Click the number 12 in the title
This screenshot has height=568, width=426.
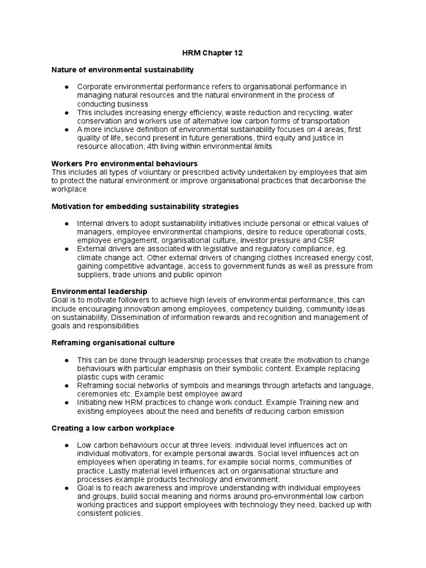[237, 53]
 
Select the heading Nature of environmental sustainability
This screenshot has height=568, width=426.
[123, 70]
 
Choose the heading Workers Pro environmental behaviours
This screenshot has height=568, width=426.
[124, 164]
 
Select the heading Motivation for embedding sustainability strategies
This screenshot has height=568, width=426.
[145, 206]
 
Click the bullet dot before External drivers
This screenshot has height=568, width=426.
[67, 249]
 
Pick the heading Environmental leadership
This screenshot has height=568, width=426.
[99, 291]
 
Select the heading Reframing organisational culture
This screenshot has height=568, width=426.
[113, 343]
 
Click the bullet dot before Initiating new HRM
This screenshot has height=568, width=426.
[67, 402]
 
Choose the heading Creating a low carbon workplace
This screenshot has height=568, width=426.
[113, 428]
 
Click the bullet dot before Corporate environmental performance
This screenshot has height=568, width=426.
[67, 87]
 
